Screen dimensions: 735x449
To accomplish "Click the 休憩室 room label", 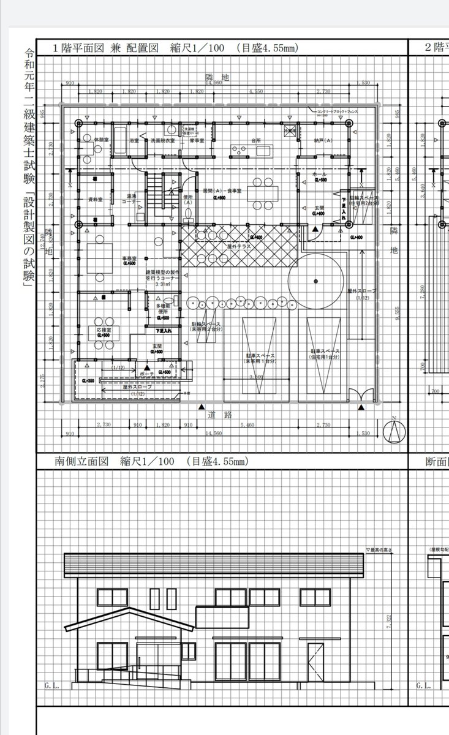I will click(x=93, y=140).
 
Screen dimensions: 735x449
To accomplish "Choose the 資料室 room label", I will click(x=94, y=199).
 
